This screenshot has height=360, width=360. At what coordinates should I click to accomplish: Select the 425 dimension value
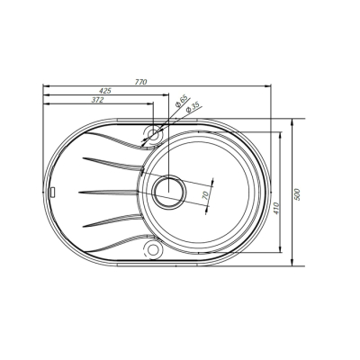coord(105,92)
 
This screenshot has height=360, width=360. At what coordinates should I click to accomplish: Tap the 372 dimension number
coord(96,100)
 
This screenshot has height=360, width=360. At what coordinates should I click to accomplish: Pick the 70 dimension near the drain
coord(205,193)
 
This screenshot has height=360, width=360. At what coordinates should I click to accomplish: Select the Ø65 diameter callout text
coord(182,103)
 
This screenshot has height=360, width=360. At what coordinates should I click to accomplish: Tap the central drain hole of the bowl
coord(168,191)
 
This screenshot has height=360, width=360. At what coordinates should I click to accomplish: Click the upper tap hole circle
coord(151,134)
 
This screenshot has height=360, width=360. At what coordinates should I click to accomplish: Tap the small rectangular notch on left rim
coord(53,192)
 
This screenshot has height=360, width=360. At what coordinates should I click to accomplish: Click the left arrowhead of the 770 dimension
coord(45,87)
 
